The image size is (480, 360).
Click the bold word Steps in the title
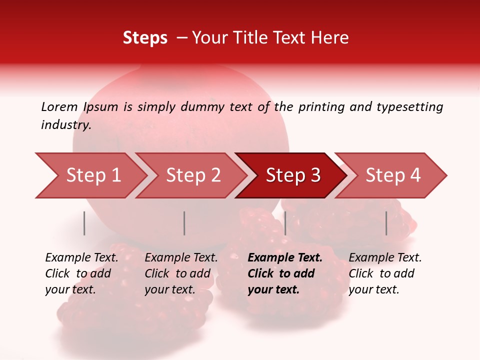tap(145, 38)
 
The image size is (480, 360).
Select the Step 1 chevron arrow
tap(90, 175)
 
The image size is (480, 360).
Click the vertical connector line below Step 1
tap(84, 223)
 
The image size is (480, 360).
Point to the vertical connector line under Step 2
tap(184, 223)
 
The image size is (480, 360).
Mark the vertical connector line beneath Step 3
tap(285, 223)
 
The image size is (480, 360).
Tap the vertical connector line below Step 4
tap(386, 223)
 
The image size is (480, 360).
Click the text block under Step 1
tap(81, 273)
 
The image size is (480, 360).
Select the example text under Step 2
tap(181, 273)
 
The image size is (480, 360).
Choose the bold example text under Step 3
tap(284, 273)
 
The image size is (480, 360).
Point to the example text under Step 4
tap(385, 273)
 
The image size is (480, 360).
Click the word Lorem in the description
tap(59, 106)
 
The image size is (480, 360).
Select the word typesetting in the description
tap(409, 106)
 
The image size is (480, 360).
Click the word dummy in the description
tap(202, 106)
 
